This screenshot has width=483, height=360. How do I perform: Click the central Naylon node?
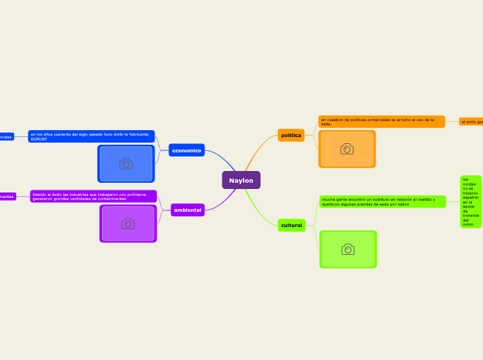241,181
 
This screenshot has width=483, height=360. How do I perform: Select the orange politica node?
291,135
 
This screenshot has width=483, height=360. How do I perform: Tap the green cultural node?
291,225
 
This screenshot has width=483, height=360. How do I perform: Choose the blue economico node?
186,150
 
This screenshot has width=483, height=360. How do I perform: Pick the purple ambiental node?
187,210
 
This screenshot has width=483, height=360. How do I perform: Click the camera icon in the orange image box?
346,149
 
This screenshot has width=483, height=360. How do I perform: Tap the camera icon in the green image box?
348,249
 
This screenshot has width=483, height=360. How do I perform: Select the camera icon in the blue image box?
125,163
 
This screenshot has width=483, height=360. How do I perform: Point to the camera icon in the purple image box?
128,224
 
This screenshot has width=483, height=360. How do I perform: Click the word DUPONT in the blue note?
39,139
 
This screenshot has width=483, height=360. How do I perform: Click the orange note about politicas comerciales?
381,121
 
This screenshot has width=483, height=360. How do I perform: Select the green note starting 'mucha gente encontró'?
382,201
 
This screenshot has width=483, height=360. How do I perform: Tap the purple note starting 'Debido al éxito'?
93,197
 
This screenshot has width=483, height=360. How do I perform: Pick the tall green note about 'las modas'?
471,201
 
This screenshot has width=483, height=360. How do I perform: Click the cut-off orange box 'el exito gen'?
472,122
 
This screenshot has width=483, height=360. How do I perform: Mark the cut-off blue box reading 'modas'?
6,137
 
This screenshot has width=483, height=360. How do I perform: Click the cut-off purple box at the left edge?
7,197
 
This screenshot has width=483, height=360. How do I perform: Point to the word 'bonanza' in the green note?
471,215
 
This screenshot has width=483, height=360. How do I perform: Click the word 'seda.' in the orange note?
326,124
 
